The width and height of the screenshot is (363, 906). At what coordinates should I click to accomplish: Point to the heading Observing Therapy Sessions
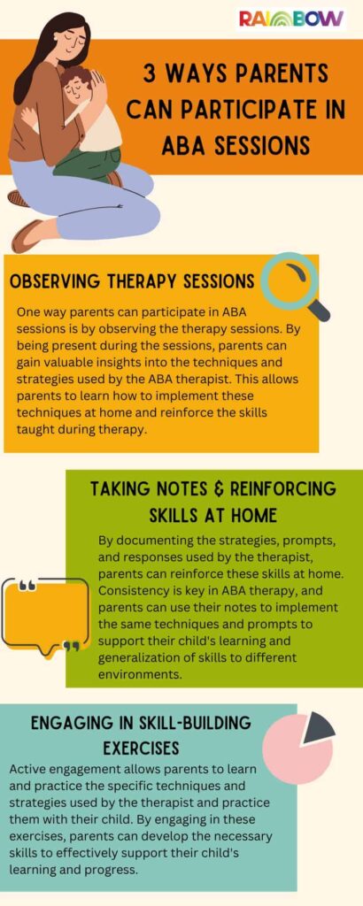pyautogui.click(x=132, y=281)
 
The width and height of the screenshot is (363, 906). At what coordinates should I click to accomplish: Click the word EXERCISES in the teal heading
pyautogui.click(x=141, y=748)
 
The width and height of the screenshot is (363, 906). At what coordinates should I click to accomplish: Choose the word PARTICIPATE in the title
pyautogui.click(x=242, y=108)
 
